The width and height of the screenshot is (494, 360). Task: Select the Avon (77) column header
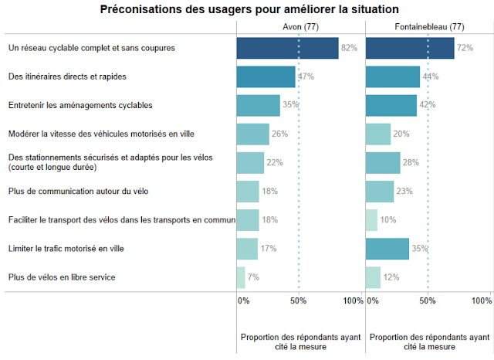click(300, 27)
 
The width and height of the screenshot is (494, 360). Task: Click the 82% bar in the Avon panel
click(287, 48)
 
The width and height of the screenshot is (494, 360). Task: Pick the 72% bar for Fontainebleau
click(409, 48)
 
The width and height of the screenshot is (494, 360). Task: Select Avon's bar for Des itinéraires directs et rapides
click(266, 76)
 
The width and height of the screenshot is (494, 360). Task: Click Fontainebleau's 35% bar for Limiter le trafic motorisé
click(387, 248)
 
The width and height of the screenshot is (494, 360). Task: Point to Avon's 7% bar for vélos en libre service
click(241, 277)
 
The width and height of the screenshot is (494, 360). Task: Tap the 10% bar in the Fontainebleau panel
click(371, 219)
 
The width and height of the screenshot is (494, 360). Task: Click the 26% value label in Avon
click(279, 134)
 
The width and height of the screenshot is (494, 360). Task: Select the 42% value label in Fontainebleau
click(428, 105)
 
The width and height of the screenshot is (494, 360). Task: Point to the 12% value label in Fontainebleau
click(391, 277)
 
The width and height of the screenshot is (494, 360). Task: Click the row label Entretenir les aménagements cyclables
click(80, 105)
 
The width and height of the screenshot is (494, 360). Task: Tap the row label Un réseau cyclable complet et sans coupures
click(92, 48)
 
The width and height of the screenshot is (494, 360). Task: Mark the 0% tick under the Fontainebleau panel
click(371, 301)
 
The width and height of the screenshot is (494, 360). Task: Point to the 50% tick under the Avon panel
click(299, 301)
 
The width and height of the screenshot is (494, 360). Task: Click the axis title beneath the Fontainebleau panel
click(429, 341)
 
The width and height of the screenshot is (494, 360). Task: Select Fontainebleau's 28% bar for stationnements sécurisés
click(383, 162)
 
